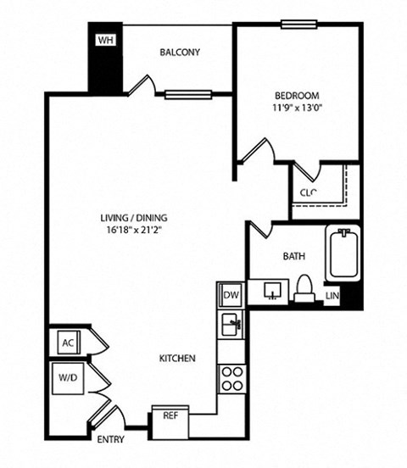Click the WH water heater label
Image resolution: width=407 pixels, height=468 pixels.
105,41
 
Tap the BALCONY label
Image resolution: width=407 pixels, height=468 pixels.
180,53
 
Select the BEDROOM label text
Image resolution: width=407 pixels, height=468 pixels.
296,95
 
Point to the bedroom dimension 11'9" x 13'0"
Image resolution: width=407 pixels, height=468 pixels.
297,108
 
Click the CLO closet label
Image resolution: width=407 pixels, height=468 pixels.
308,192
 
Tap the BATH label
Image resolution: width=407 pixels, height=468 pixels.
294,255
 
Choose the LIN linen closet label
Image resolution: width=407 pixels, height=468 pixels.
333,296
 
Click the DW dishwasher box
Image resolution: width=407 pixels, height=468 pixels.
231,296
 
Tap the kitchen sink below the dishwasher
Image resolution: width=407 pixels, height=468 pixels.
231,323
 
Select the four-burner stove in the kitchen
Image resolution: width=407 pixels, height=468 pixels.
231,376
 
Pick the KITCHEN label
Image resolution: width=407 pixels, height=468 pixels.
177,359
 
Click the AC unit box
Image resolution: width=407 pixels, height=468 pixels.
69,343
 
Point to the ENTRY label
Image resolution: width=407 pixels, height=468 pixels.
110,440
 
